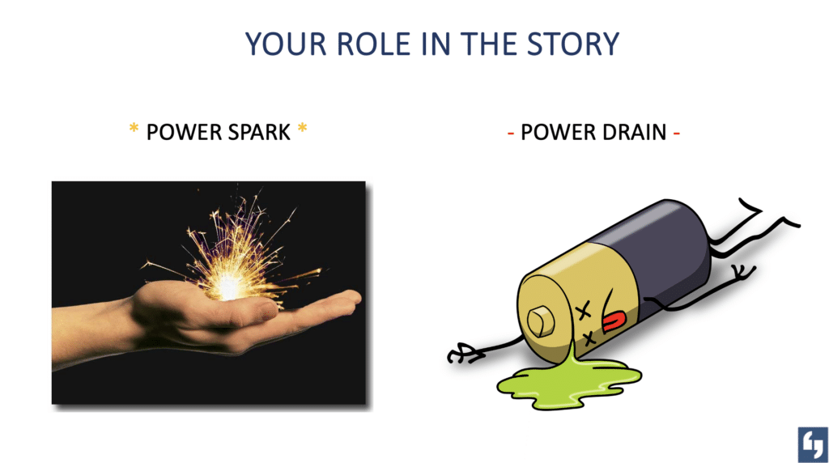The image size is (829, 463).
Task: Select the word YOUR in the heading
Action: (286, 44)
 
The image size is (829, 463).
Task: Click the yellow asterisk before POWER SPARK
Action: (134, 128)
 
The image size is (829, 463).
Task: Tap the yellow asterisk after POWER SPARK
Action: (303, 128)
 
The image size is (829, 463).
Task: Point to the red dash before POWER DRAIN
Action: (511, 134)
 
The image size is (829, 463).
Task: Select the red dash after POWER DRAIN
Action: (677, 134)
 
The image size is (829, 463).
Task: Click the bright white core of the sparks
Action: (228, 287)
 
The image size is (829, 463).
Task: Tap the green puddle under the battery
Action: (568, 383)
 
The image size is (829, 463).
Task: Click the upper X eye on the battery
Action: (583, 312)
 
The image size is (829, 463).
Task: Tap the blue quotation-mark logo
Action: (813, 445)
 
